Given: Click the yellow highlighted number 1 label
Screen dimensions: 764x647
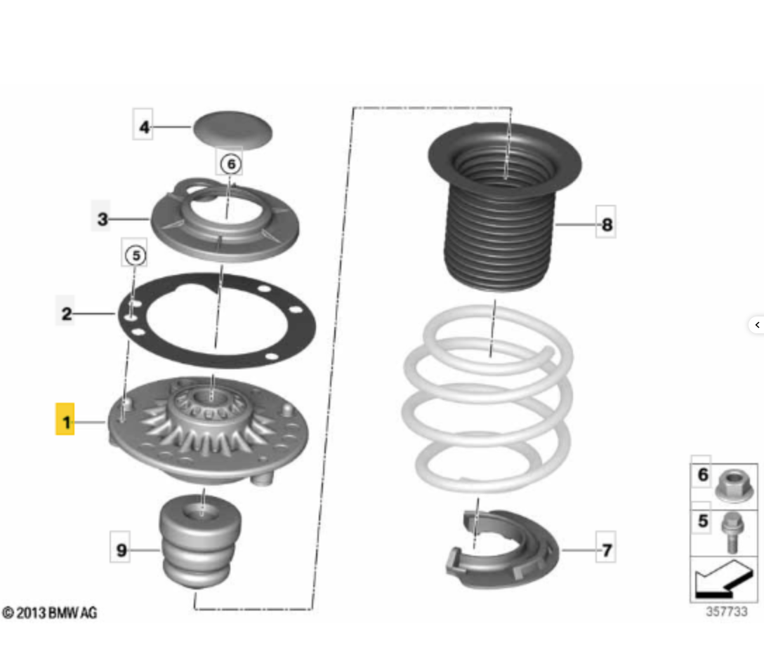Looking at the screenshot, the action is pyautogui.click(x=65, y=419).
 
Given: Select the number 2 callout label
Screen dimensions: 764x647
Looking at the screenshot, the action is pyautogui.click(x=66, y=313).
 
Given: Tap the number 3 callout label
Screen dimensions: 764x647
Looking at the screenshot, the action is pyautogui.click(x=101, y=218).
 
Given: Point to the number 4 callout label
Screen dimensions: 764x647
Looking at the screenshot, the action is pyautogui.click(x=143, y=126).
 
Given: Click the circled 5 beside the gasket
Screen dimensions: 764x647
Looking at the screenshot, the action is pyautogui.click(x=136, y=255).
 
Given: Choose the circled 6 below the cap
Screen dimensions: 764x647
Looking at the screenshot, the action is pyautogui.click(x=231, y=164).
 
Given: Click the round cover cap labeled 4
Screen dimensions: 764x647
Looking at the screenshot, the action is pyautogui.click(x=233, y=129).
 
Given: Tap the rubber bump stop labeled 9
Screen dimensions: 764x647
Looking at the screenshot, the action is pyautogui.click(x=199, y=541).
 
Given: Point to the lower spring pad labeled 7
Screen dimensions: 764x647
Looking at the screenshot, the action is pyautogui.click(x=502, y=549).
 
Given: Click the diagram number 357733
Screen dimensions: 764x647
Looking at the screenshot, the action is pyautogui.click(x=727, y=611).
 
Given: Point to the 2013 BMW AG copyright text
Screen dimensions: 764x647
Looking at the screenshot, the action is pyautogui.click(x=50, y=613).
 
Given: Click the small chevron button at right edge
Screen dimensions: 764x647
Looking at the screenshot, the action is pyautogui.click(x=757, y=325).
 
